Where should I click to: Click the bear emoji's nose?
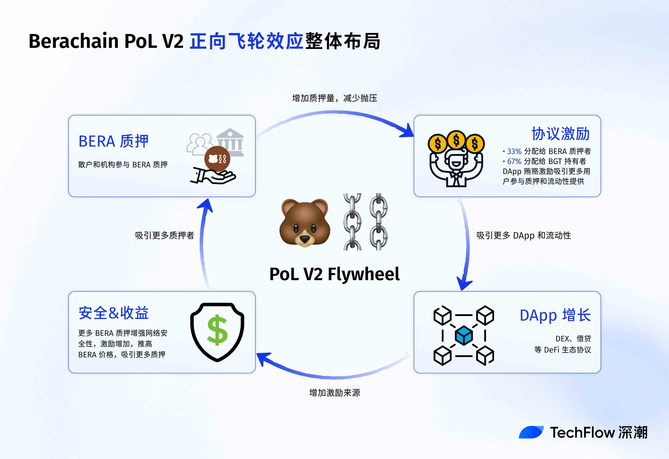[305, 239]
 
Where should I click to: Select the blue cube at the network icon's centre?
[464, 335]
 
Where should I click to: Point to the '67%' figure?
[514, 161]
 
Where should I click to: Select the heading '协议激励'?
[561, 134]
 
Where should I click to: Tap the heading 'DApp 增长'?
[555, 315]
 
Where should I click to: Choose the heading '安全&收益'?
[113, 313]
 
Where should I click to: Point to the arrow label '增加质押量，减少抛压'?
[334, 98]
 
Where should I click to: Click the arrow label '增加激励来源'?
[334, 393]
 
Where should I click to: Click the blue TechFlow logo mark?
[531, 432]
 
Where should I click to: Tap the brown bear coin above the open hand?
[217, 158]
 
